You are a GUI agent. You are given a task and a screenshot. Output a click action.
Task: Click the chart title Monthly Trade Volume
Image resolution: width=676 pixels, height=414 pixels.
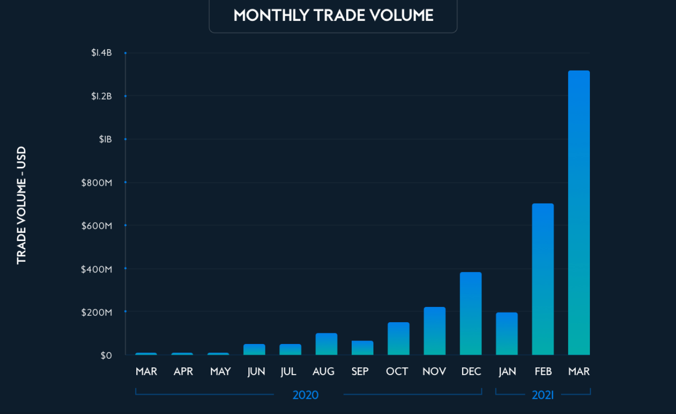point(333,15)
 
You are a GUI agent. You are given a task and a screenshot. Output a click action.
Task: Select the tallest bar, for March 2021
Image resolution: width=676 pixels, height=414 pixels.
point(579,213)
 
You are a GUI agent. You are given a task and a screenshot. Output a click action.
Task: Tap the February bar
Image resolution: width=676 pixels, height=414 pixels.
point(543,279)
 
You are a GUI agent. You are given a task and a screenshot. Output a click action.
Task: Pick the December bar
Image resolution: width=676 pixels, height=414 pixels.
point(471,314)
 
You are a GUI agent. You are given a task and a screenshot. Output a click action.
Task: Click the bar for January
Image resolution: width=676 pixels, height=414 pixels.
point(507,334)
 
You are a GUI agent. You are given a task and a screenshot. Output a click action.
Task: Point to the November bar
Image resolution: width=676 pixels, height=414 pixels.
point(434,331)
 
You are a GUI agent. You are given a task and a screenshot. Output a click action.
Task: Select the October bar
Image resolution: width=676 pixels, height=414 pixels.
point(398,338)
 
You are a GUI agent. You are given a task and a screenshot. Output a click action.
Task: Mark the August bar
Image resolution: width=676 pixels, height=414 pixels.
point(326,344)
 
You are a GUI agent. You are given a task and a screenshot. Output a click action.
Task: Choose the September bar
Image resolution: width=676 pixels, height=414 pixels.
point(362,348)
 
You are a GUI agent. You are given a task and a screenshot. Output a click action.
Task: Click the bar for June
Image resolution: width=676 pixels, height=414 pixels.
point(254,350)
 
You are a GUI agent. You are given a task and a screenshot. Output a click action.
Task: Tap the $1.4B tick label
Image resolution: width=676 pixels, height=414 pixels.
point(101,53)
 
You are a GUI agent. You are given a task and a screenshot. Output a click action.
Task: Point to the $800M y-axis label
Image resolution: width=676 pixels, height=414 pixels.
point(96,183)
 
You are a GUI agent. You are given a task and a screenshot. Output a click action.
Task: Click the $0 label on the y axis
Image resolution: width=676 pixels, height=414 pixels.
point(106,356)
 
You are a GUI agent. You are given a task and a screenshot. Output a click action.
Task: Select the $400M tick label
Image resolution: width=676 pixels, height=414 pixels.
point(96,269)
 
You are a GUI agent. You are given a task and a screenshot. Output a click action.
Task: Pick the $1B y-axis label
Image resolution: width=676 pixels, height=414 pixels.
point(105,140)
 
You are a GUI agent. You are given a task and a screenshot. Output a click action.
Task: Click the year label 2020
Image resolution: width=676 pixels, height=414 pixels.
point(306,395)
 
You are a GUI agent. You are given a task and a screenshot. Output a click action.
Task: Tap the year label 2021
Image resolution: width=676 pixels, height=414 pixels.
point(543,395)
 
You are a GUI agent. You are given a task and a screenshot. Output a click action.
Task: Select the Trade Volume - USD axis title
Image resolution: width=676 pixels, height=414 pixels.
point(21,205)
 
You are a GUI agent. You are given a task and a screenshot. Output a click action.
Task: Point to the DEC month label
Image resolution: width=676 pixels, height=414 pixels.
point(471,372)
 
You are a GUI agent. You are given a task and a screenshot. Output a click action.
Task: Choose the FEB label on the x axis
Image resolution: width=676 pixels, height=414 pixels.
point(543,372)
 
